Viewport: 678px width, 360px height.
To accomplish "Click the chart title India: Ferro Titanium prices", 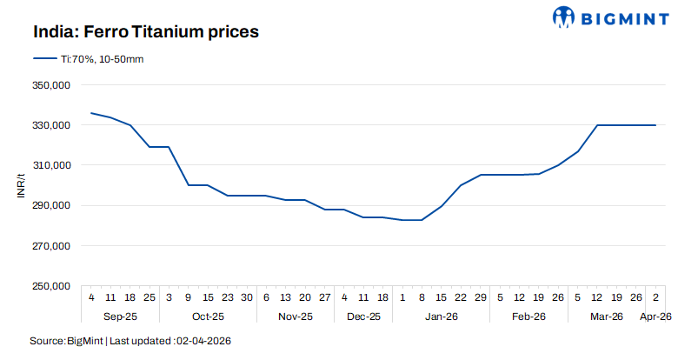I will point(146,31).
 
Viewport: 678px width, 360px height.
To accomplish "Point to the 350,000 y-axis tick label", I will point(50,85).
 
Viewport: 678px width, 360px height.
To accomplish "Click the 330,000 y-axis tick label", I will point(50,125).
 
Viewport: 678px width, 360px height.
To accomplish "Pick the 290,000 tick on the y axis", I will point(50,206).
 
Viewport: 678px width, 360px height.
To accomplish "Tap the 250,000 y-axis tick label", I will point(50,286).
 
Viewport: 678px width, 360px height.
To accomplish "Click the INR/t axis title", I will point(21,185).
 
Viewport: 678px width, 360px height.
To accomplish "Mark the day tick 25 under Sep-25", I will point(150,297).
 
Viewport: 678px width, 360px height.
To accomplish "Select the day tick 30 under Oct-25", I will point(247,297).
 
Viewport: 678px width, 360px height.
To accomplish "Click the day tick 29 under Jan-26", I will point(480,297).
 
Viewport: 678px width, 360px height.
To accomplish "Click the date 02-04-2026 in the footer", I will point(203,340).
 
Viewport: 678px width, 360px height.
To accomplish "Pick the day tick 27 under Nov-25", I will point(324,297).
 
